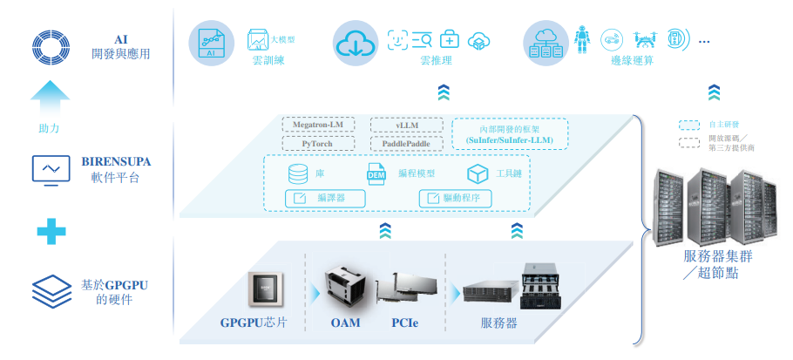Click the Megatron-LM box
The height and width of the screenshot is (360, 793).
(x=318, y=126)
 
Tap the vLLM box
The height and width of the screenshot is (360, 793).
(x=407, y=126)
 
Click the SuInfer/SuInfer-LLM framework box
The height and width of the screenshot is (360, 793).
(x=510, y=133)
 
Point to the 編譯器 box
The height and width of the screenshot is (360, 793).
(x=325, y=198)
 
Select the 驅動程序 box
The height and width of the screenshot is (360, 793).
(x=455, y=198)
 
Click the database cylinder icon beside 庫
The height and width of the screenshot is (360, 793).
(x=298, y=173)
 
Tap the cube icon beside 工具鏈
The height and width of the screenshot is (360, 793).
(x=477, y=173)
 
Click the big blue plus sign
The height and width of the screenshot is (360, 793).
(x=51, y=230)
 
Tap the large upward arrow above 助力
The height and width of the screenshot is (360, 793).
(x=49, y=95)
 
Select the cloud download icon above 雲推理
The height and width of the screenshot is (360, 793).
(x=354, y=40)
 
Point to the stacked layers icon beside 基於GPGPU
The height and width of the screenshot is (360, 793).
(x=51, y=291)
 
